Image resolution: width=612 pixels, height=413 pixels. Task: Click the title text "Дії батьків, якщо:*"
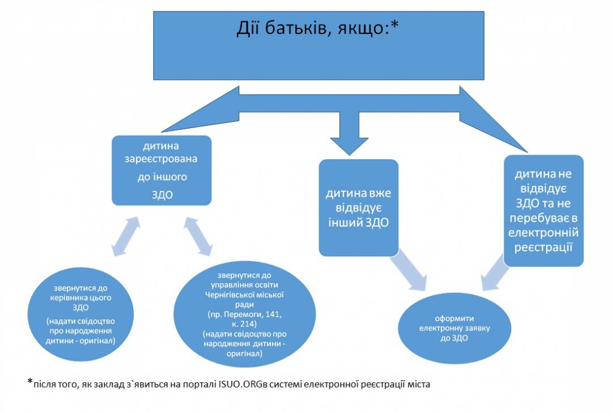pos(317,28)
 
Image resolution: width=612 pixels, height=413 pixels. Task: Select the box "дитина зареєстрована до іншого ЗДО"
pos(161,170)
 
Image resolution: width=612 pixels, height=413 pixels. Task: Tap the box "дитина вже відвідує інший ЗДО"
pos(358,208)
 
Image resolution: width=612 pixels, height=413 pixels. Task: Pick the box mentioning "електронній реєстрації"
pos(543,211)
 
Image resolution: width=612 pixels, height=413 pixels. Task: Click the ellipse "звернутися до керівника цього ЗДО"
pos(80,314)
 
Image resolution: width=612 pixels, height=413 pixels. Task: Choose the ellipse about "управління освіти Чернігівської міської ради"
pos(244,314)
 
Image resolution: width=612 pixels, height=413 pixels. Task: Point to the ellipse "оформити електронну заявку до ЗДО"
pos(454,328)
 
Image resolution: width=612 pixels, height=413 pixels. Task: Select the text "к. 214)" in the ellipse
pos(244,324)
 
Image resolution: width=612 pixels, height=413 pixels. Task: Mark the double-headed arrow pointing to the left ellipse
pos(126,237)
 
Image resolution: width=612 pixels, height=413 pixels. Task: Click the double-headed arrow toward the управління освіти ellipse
pos(198,237)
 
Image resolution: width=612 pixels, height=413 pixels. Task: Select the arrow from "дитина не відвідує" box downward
pos(495,273)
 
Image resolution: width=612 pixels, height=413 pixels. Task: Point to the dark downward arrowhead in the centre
pos(349,146)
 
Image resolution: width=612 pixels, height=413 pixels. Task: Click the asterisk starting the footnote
pos(30,381)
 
